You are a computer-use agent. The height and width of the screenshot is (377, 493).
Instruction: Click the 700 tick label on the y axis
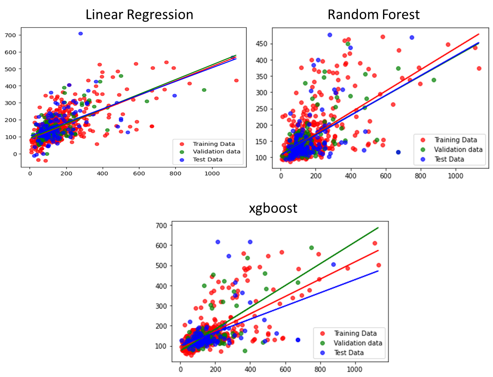coord(10,35)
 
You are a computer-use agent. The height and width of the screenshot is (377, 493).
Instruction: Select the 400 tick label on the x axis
coord(103,174)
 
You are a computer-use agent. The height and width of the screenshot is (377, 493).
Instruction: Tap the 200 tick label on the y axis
coord(10,120)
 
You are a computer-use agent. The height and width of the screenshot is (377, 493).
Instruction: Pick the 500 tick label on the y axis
coord(10,69)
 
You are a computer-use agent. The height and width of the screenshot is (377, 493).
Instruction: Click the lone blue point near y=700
coord(80,34)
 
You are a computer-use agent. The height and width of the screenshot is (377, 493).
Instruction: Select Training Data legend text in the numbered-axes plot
coord(214,144)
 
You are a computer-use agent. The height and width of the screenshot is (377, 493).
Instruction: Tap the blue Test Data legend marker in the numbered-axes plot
coord(182,160)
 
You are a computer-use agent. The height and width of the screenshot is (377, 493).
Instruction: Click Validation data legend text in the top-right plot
coord(458,150)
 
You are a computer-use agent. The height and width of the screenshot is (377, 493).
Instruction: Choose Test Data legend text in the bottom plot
coord(349,353)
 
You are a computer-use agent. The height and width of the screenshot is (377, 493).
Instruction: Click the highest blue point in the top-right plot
coord(330,35)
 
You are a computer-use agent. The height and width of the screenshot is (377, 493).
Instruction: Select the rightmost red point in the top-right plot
coord(479,68)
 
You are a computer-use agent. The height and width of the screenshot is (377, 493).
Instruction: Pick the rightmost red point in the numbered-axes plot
coord(236,80)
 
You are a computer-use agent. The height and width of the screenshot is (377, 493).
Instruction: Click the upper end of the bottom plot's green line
coord(378,228)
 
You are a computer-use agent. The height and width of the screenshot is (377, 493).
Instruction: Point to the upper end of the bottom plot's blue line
coord(378,271)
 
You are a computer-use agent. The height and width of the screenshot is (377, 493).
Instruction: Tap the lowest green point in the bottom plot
coord(245,351)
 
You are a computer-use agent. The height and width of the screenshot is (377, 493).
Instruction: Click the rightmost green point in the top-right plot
coord(433,80)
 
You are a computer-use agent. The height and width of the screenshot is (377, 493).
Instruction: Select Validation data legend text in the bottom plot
coord(358,343)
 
